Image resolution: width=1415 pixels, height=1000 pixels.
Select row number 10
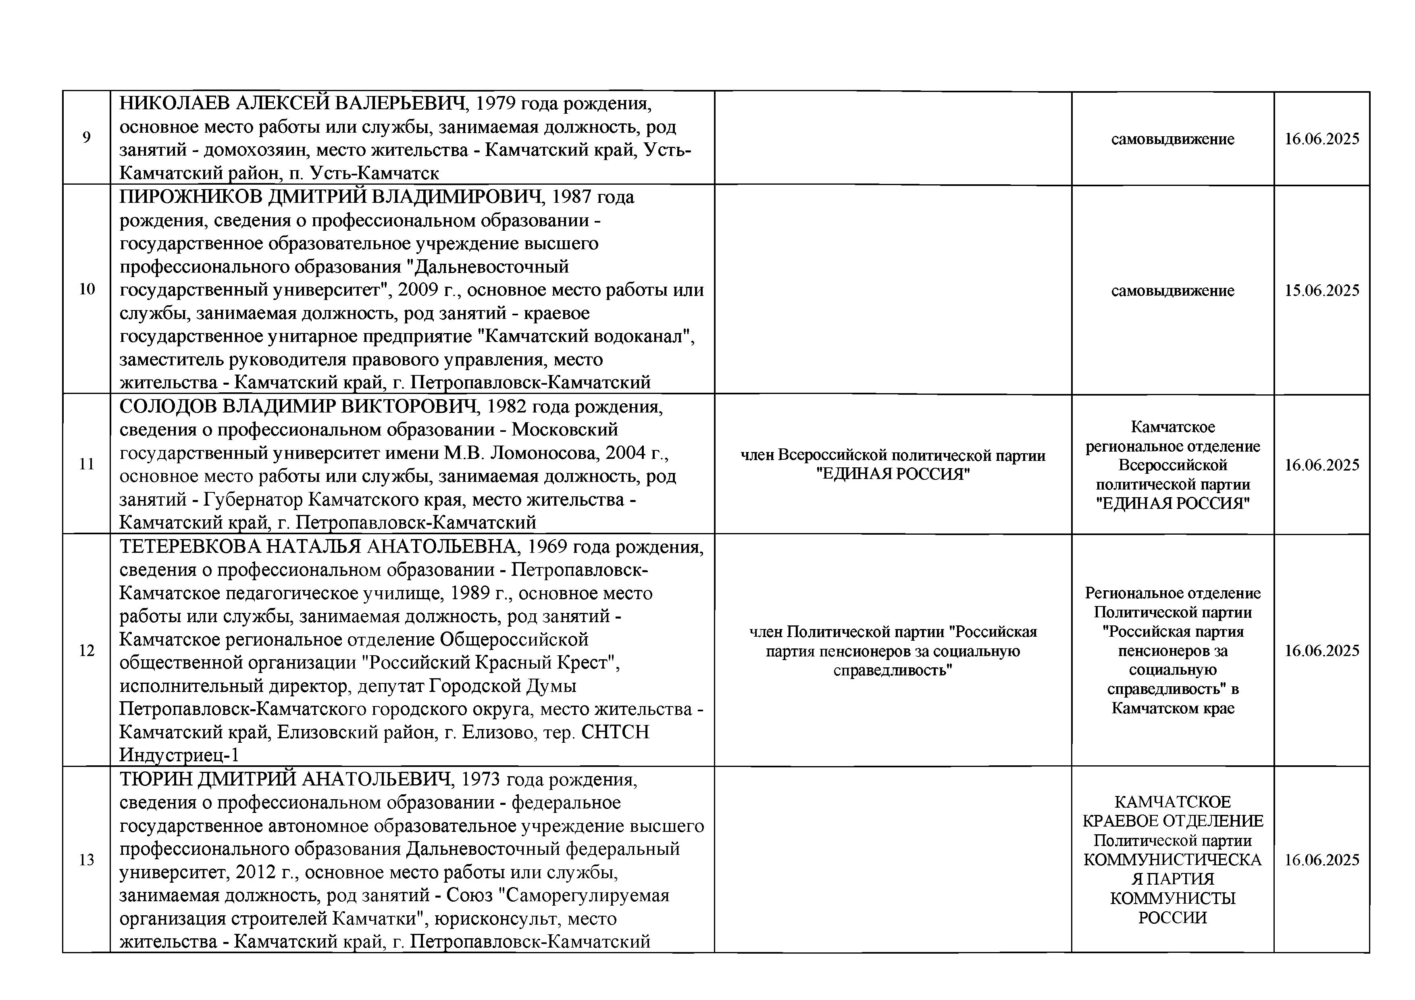click(x=87, y=289)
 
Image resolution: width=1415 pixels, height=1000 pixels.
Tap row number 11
click(x=87, y=464)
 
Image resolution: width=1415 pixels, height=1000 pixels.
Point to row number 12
click(x=87, y=650)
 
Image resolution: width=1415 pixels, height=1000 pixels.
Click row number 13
click(x=87, y=859)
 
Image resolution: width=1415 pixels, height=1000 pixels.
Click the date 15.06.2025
click(x=1321, y=290)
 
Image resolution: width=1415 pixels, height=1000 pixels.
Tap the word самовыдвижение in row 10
click(x=1172, y=290)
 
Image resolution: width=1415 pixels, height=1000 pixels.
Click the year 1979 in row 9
click(x=497, y=103)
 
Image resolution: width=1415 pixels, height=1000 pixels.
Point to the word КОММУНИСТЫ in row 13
click(x=1172, y=898)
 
